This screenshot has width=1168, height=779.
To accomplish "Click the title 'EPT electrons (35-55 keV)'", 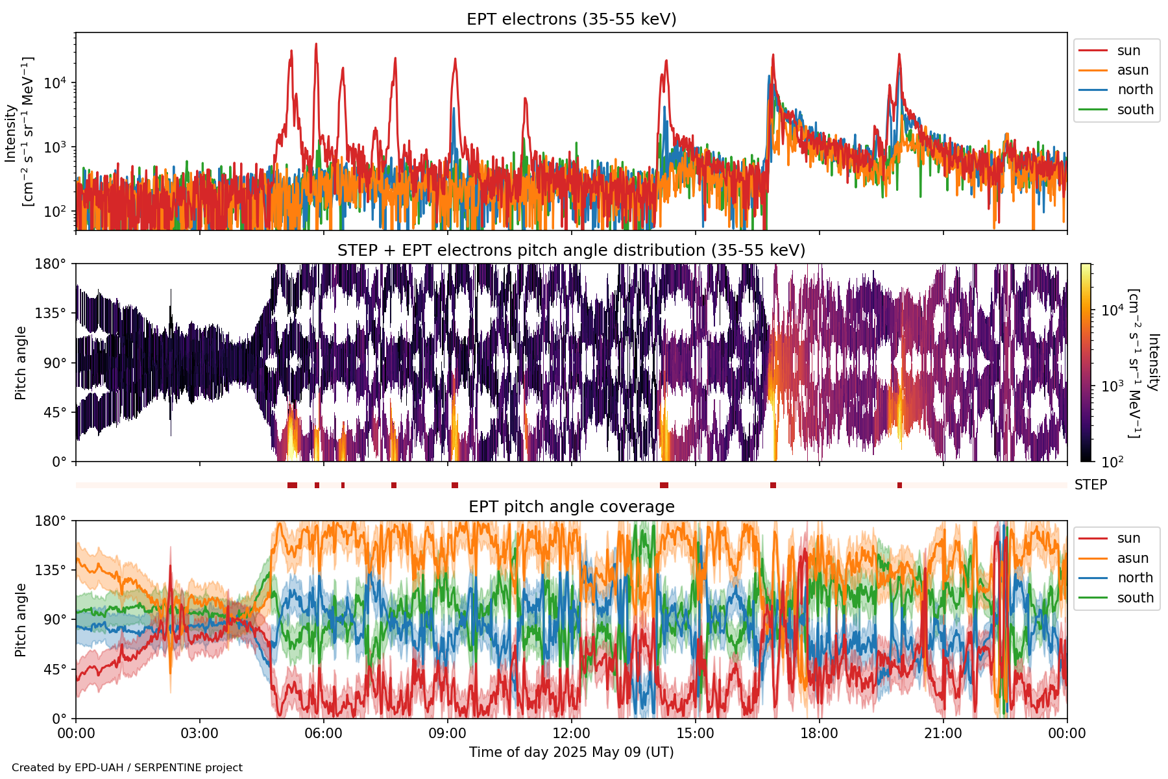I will pos(571,19).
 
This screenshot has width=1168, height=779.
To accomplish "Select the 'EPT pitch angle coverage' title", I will pos(571,506).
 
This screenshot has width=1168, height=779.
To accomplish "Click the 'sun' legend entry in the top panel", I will pos(1128,51).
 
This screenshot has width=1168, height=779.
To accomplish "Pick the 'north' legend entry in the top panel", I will pos(1135,90).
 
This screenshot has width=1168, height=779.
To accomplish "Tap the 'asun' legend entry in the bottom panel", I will pos(1132,558).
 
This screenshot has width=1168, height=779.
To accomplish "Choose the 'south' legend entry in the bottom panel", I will pos(1135,598).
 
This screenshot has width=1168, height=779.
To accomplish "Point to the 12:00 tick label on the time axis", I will pos(571,734).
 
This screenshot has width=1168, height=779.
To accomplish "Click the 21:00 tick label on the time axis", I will pos(943,734).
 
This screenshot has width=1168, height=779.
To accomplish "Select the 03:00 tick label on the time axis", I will pos(199,734).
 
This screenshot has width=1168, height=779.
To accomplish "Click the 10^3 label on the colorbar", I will pos(1112,386).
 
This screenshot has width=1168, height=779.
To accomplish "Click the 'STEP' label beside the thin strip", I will pos(1090,485).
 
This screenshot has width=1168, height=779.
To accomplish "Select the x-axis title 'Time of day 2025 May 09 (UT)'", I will pos(571,752).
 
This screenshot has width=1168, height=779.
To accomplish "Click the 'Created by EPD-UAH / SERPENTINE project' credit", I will pos(127,767).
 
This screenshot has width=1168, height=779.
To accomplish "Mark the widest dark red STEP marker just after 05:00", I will pos(292,486).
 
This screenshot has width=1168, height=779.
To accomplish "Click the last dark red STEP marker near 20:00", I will pos(899,486).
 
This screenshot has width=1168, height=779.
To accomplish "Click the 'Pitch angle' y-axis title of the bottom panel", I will pos(21,619).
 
